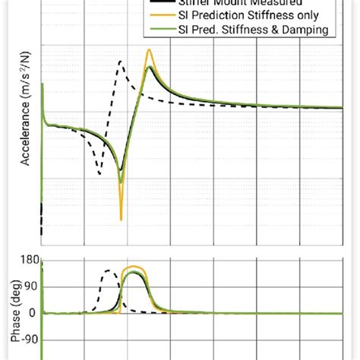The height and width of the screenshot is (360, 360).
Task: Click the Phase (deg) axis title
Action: click(x=13, y=305)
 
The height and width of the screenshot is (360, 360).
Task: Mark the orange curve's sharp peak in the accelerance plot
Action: click(x=150, y=50)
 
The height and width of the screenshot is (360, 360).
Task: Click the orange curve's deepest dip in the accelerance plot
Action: click(x=121, y=219)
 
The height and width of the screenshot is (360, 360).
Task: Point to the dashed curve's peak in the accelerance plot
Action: click(x=119, y=61)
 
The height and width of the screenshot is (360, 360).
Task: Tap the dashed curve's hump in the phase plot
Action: click(x=109, y=270)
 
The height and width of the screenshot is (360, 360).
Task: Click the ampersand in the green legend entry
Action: click(x=267, y=30)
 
